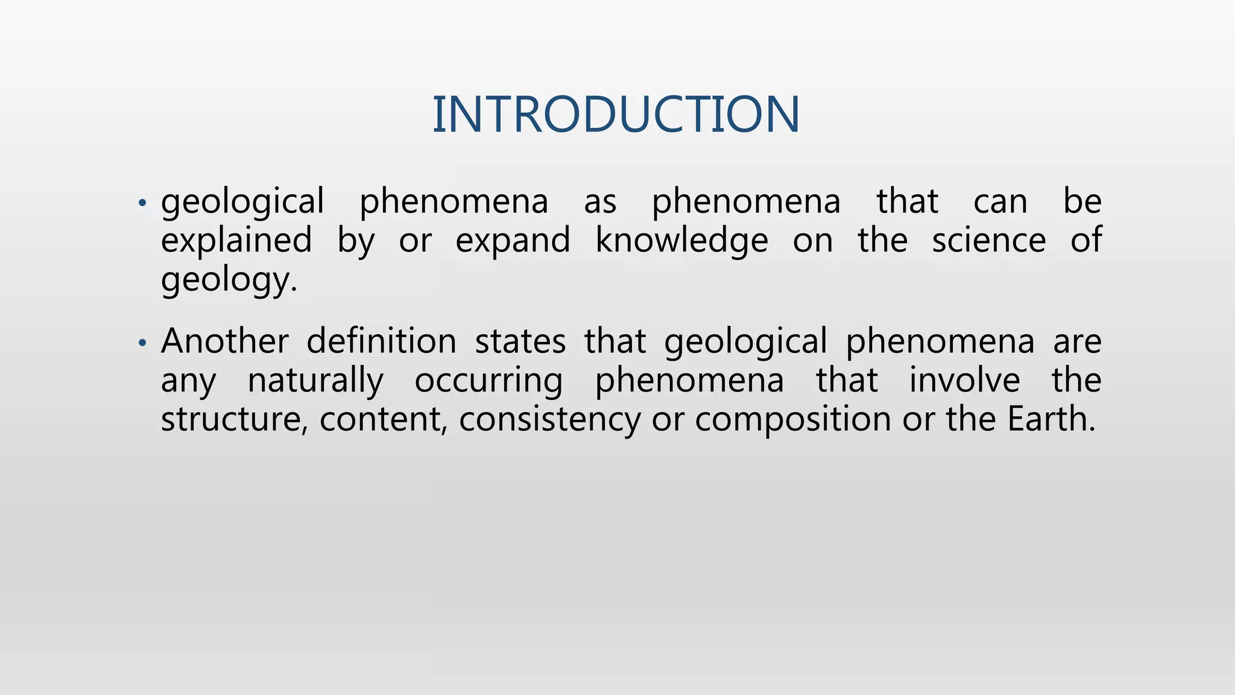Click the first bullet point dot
click(142, 203)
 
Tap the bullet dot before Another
click(142, 343)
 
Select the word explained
click(236, 241)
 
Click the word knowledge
click(681, 241)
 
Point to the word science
click(989, 241)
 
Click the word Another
click(224, 341)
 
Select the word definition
click(381, 341)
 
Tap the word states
click(520, 341)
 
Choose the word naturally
click(315, 381)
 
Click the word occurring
click(488, 381)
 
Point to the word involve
click(964, 381)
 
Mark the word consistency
click(549, 419)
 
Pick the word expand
click(513, 241)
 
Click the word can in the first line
click(1000, 202)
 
